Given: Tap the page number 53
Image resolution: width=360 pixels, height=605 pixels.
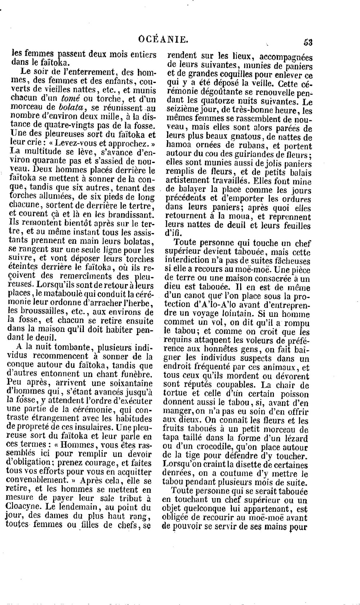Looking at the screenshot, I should tap(308, 42).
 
